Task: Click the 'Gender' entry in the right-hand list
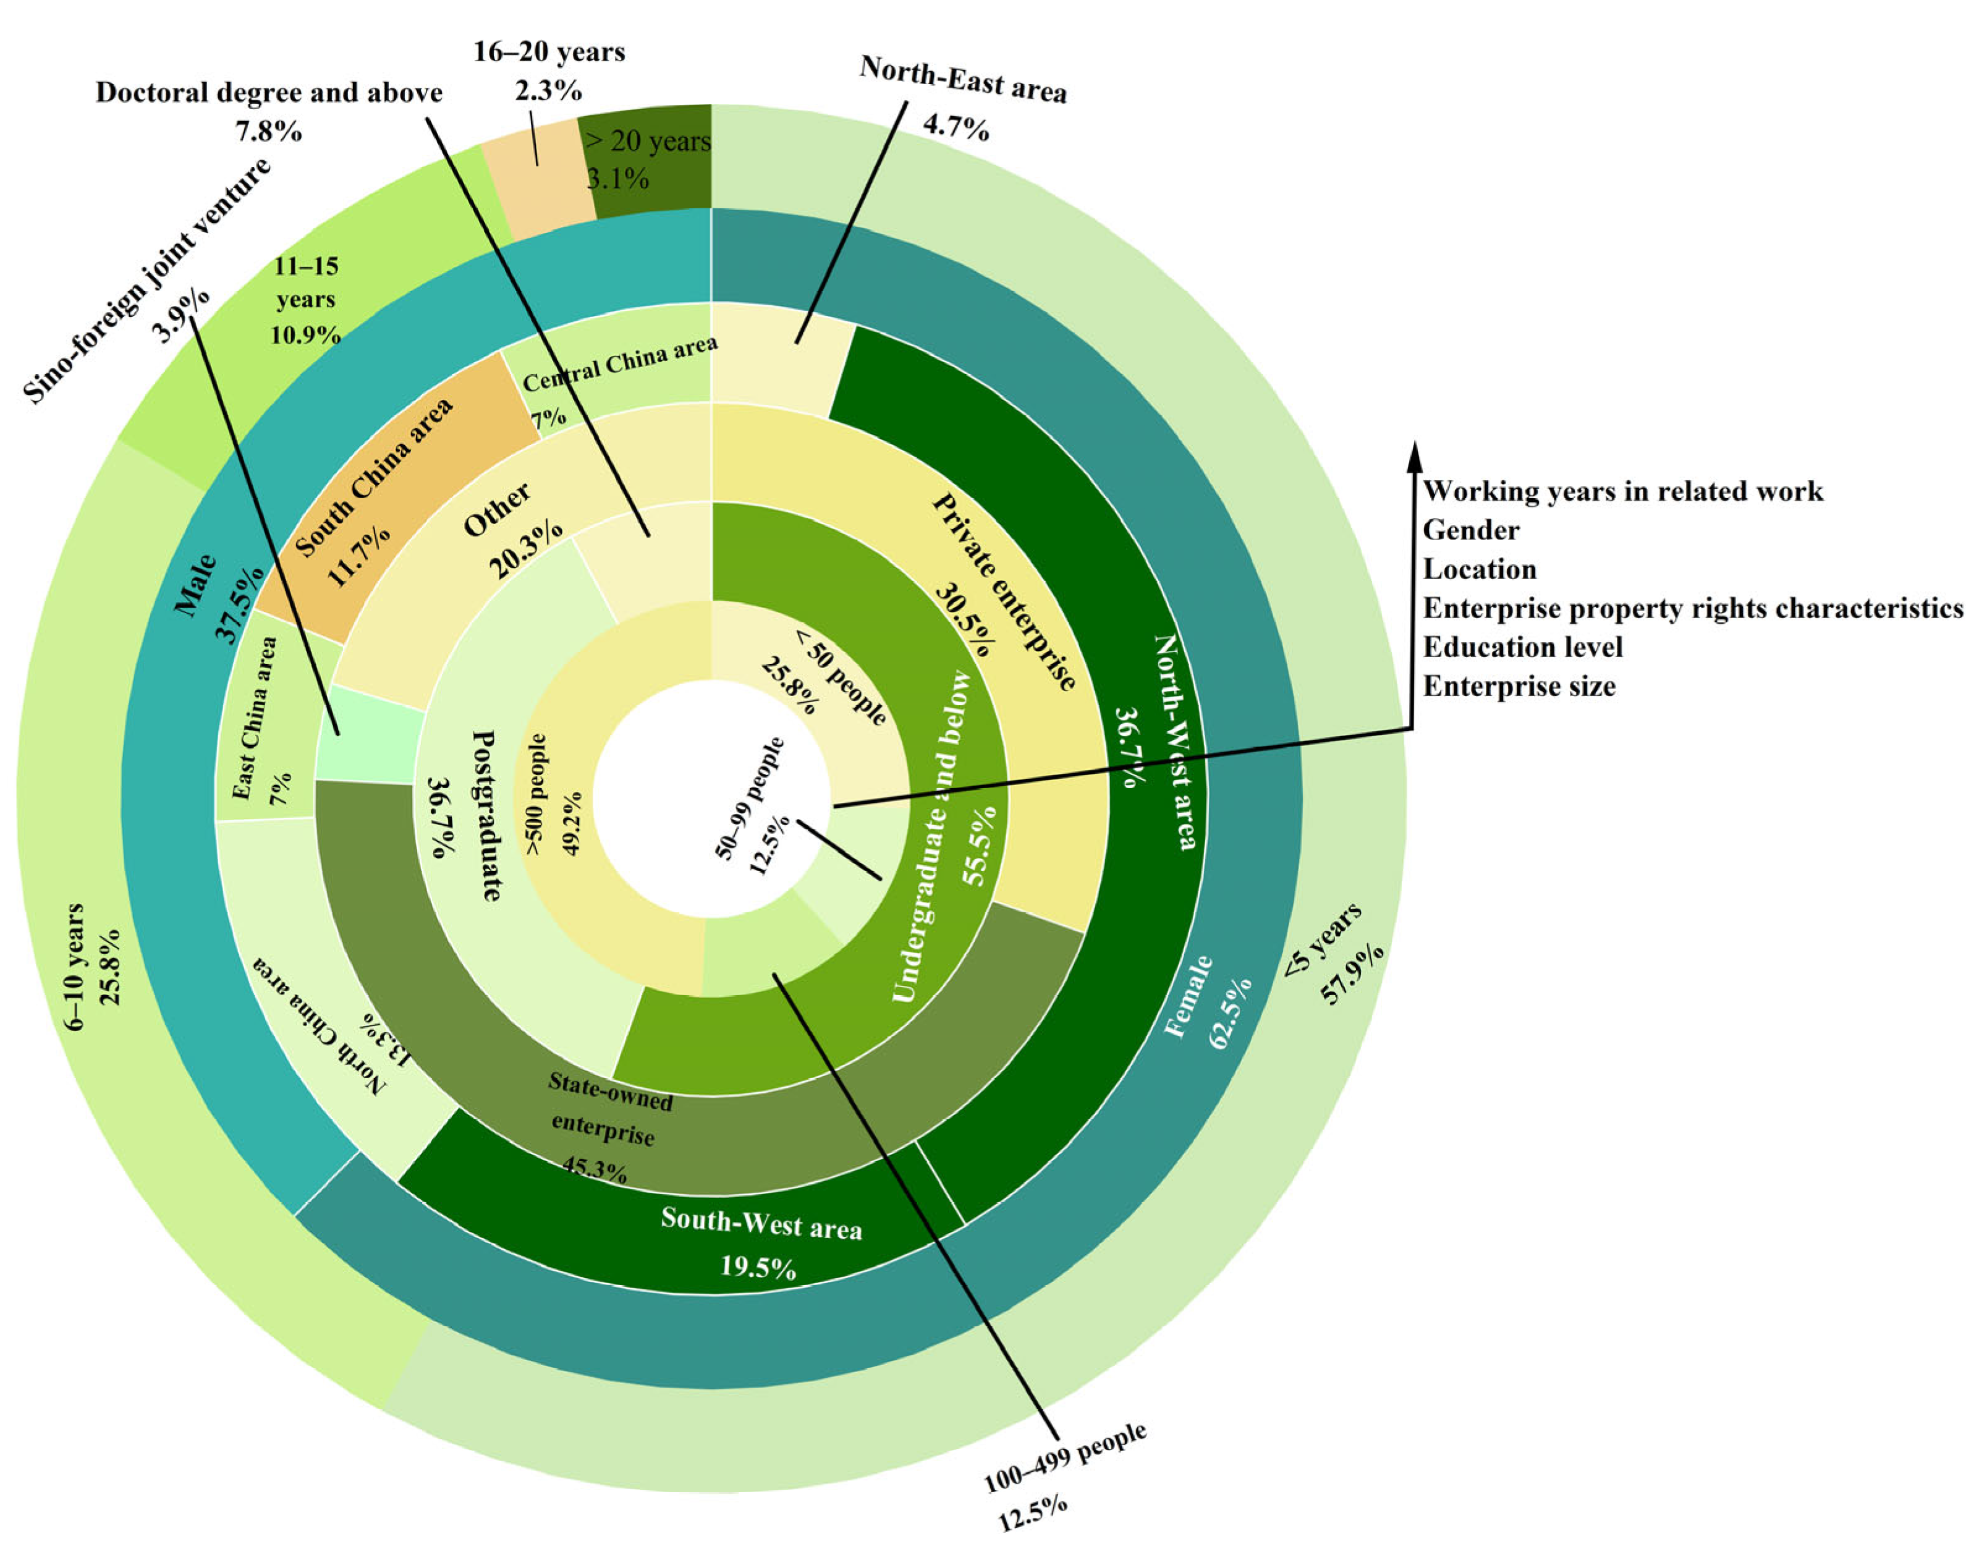[1470, 530]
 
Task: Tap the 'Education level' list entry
[1522, 648]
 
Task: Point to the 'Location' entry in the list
[1479, 570]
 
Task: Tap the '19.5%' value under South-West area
[758, 1268]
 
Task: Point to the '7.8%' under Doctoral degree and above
[268, 131]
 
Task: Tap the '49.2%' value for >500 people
[571, 823]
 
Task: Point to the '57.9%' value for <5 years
[1352, 974]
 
